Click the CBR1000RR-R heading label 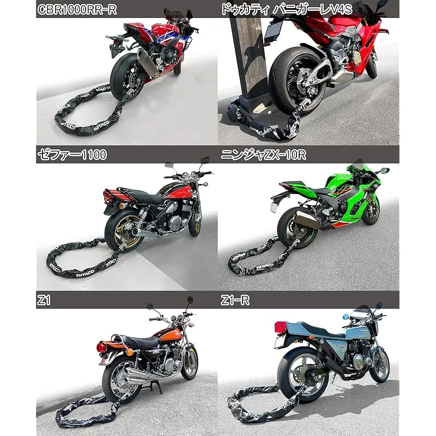click(x=77, y=9)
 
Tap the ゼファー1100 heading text click(x=72, y=155)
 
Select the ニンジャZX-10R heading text click(x=263, y=155)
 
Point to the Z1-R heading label click(x=235, y=300)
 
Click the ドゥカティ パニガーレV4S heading click(x=287, y=9)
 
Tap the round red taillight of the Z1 click(x=101, y=347)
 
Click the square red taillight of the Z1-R click(x=281, y=327)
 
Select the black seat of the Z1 click(x=140, y=342)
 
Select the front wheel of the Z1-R click(x=379, y=365)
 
